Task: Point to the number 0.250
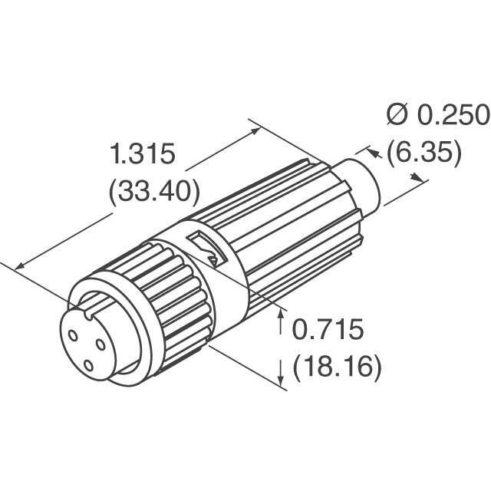453,115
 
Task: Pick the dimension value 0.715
326,331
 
